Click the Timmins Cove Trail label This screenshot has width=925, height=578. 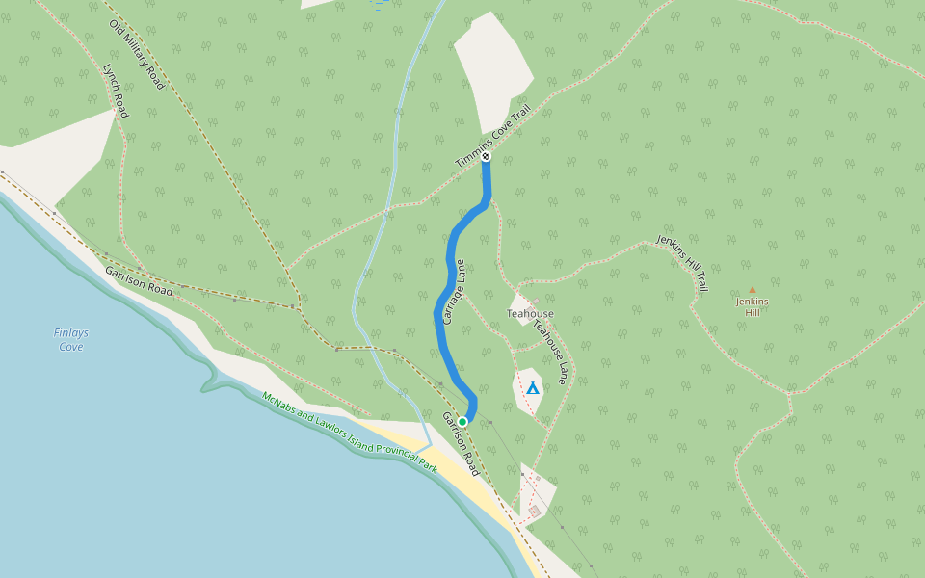[493, 137]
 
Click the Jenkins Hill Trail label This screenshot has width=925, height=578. [683, 262]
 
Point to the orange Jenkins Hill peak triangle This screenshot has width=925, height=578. [753, 289]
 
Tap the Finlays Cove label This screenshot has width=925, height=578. [70, 340]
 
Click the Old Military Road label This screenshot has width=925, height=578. [137, 55]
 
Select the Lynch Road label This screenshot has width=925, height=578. [116, 91]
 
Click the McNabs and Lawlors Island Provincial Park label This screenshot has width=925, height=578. [349, 431]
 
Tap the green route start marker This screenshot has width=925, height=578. [462, 422]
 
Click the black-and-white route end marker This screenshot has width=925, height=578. [487, 156]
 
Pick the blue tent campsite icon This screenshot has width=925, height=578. [532, 387]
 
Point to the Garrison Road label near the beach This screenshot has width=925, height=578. [461, 444]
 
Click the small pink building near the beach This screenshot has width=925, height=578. [534, 511]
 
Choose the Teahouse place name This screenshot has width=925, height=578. [530, 314]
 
